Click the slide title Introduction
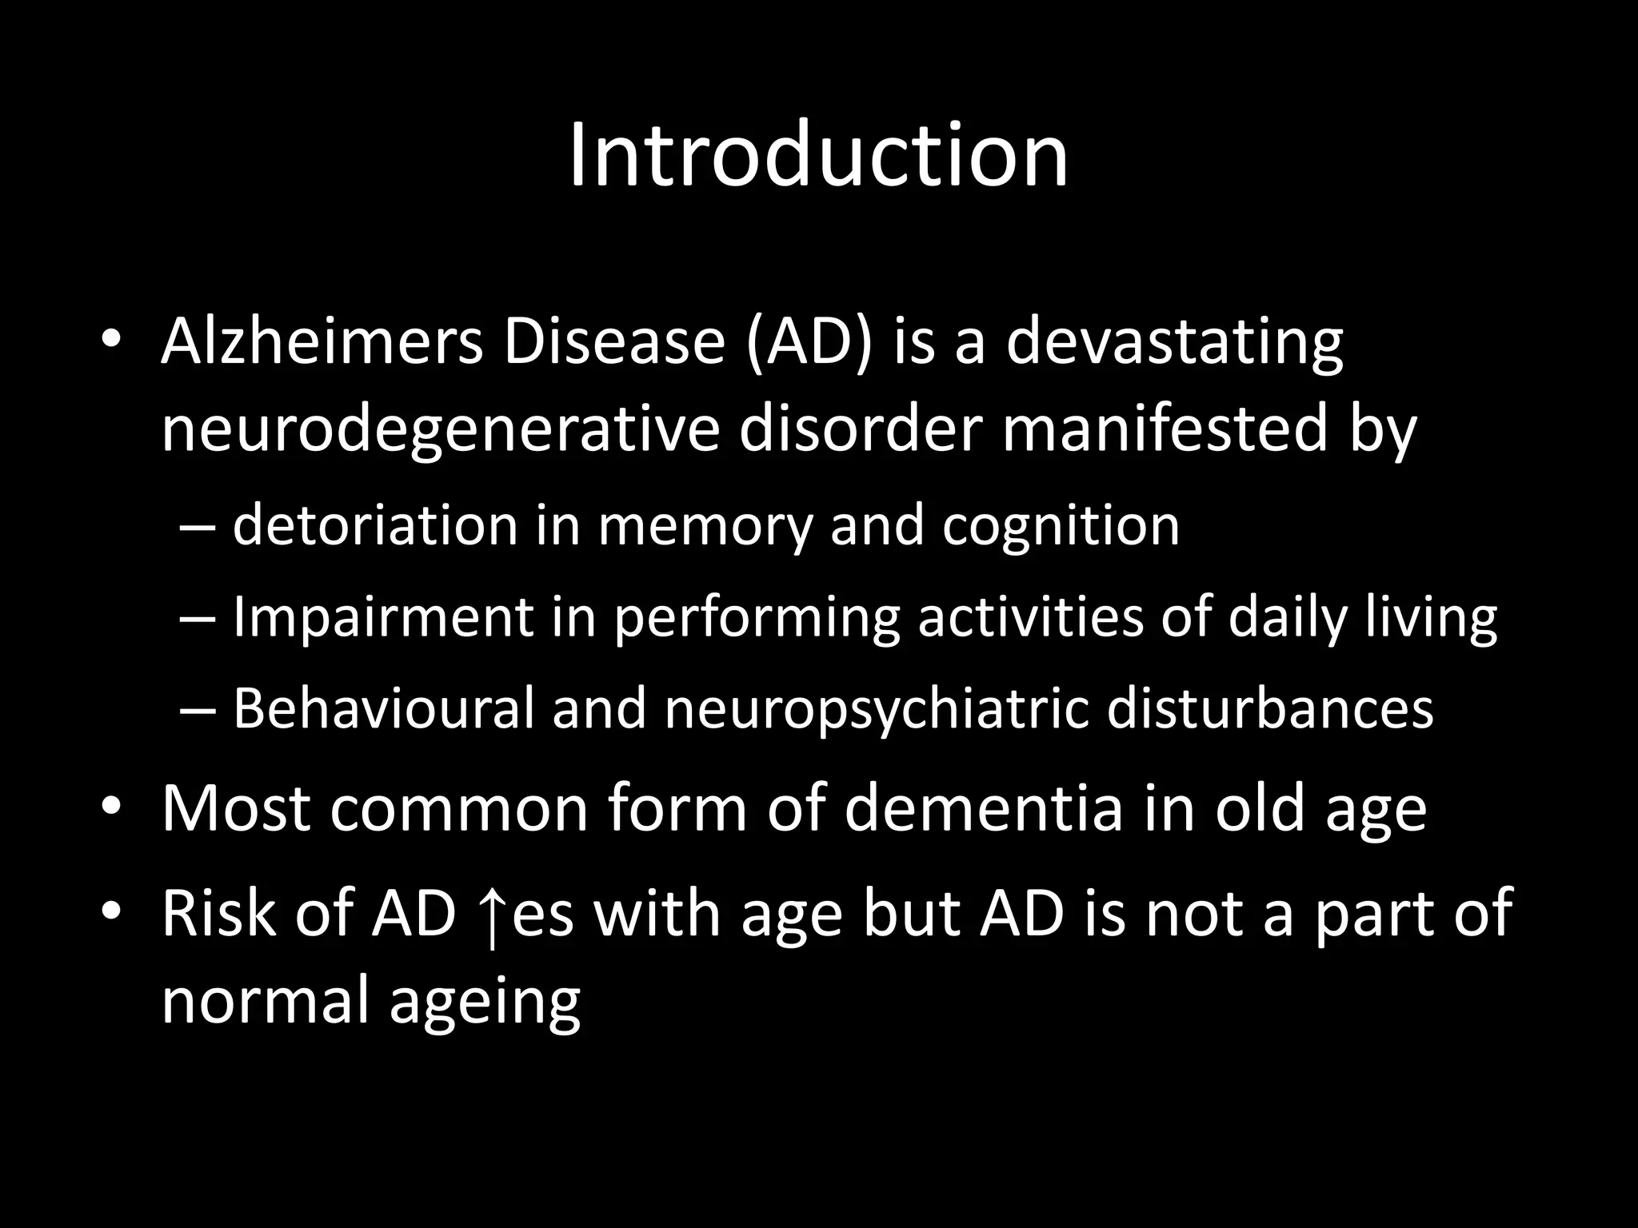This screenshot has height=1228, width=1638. click(x=818, y=155)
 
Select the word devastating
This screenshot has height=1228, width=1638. click(x=1174, y=342)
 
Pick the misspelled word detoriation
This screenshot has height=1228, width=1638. click(x=375, y=525)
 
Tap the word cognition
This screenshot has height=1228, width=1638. click(x=1061, y=527)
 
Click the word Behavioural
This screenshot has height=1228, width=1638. click(x=383, y=708)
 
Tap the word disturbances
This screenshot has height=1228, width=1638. click(x=1270, y=708)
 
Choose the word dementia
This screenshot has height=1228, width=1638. click(x=985, y=809)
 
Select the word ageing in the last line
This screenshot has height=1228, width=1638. click(x=485, y=1003)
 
